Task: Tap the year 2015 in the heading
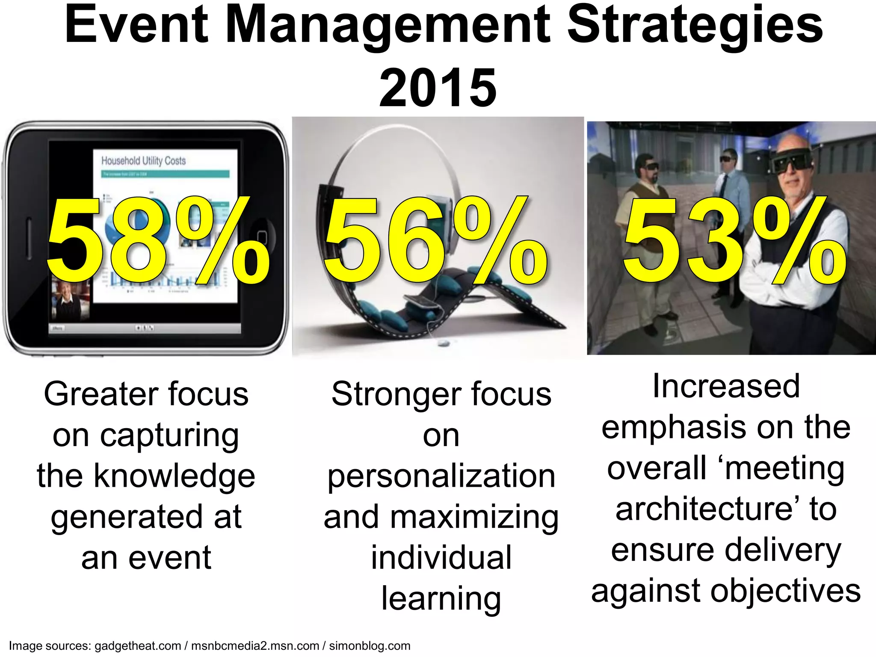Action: [438, 88]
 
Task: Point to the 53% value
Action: [734, 242]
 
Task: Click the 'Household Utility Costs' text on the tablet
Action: [143, 161]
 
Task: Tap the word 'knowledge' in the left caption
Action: [174, 476]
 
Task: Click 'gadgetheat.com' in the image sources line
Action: [138, 646]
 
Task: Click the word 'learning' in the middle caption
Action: [441, 598]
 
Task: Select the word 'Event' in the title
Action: [136, 26]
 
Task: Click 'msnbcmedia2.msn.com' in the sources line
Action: [255, 646]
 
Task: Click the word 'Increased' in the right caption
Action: [726, 386]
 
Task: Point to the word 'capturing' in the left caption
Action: [169, 435]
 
